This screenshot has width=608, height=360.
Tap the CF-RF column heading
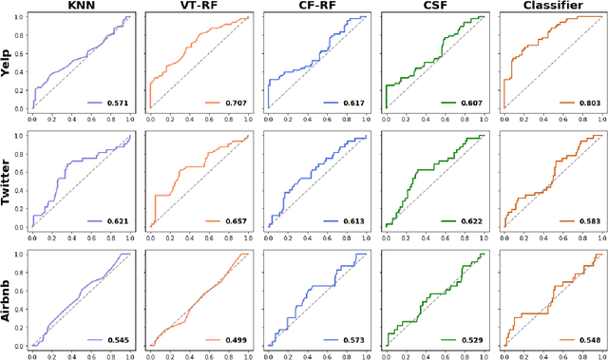pyautogui.click(x=315, y=7)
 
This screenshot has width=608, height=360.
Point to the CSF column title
pyautogui.click(x=433, y=7)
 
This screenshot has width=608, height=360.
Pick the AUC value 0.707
pyautogui.click(x=234, y=102)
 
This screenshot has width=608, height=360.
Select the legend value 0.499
pyautogui.click(x=234, y=338)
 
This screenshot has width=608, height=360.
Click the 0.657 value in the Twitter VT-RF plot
pyautogui.click(x=234, y=220)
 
